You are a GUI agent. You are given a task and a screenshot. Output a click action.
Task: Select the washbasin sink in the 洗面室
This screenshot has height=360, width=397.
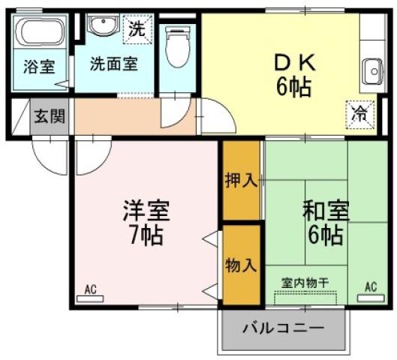pyautogui.click(x=100, y=26)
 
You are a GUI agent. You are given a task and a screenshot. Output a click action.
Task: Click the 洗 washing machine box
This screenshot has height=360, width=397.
pyautogui.click(x=136, y=31)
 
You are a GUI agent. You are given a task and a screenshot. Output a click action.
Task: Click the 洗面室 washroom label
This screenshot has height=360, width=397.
pyautogui.click(x=114, y=64)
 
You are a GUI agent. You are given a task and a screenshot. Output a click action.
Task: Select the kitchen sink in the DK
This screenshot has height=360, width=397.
pyautogui.click(x=371, y=72)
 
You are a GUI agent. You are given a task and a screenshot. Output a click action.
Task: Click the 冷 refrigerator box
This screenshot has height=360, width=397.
pyautogui.click(x=359, y=115)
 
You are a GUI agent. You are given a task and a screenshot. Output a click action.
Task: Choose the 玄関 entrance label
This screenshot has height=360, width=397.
pyautogui.click(x=50, y=117)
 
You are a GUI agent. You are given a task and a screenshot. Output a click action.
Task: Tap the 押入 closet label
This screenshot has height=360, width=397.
pyautogui.click(x=241, y=181)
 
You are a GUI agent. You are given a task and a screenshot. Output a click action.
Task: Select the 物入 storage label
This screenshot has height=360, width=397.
pyautogui.click(x=241, y=265)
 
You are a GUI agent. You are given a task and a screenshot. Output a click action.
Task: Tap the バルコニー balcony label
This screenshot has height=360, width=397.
pyautogui.click(x=284, y=328)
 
